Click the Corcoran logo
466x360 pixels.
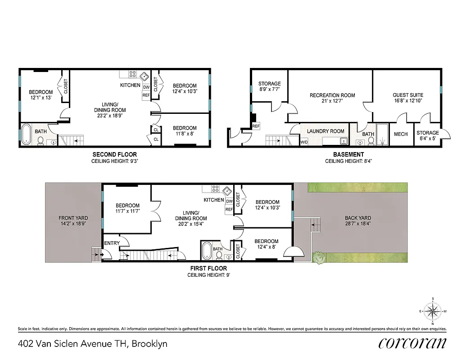pyautogui.click(x=412, y=343)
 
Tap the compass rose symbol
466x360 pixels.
pyautogui.click(x=433, y=310)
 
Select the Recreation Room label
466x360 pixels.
pyautogui.click(x=332, y=95)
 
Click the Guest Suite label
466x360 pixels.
pyautogui.click(x=408, y=95)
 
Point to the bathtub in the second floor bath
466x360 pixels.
pyautogui.click(x=26, y=135)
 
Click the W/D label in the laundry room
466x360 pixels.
pyautogui.click(x=305, y=143)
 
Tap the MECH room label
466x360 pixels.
pyautogui.click(x=401, y=134)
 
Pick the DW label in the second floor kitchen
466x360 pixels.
pyautogui.click(x=146, y=87)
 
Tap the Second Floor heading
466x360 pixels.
pyautogui.click(x=114, y=154)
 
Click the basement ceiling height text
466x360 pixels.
pyautogui.click(x=348, y=160)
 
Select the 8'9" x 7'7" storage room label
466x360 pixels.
pyautogui.click(x=269, y=89)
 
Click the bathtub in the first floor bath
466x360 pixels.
pyautogui.click(x=206, y=250)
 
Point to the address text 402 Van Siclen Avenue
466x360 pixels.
pyautogui.click(x=92, y=344)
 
